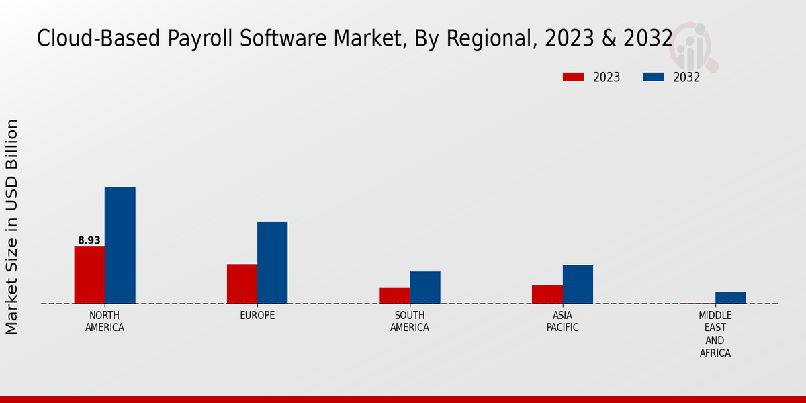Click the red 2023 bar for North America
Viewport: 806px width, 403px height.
pos(89,275)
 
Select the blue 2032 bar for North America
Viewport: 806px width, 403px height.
pos(120,245)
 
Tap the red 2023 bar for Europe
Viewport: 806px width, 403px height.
pos(242,283)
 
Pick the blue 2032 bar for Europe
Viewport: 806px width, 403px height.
pos(272,263)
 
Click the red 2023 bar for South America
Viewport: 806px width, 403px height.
pos(394,296)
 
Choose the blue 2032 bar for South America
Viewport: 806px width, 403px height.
pos(425,287)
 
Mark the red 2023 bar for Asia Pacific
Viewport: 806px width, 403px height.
pos(547,294)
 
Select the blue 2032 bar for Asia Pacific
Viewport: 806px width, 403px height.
pos(578,284)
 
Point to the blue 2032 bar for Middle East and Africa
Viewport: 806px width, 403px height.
pos(730,298)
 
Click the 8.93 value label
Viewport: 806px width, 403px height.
pos(89,240)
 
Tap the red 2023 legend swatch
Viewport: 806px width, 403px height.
pos(574,77)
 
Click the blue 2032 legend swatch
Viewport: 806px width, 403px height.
pos(653,77)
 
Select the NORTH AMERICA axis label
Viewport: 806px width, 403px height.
pos(105,321)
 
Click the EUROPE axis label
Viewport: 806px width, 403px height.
pos(257,315)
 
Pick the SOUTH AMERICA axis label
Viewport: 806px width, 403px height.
pos(410,321)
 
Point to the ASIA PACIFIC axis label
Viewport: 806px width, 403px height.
pos(562,321)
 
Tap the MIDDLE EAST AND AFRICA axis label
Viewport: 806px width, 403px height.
pos(715,334)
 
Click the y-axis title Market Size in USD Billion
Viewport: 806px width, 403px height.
pos(12,227)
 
